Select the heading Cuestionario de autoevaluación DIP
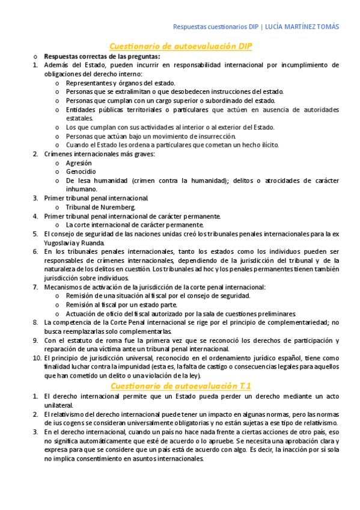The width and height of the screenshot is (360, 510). click(180, 46)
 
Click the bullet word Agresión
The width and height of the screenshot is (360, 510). click(79, 163)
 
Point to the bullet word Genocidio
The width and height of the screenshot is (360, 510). click(81, 171)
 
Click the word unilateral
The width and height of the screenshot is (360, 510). click(58, 405)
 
